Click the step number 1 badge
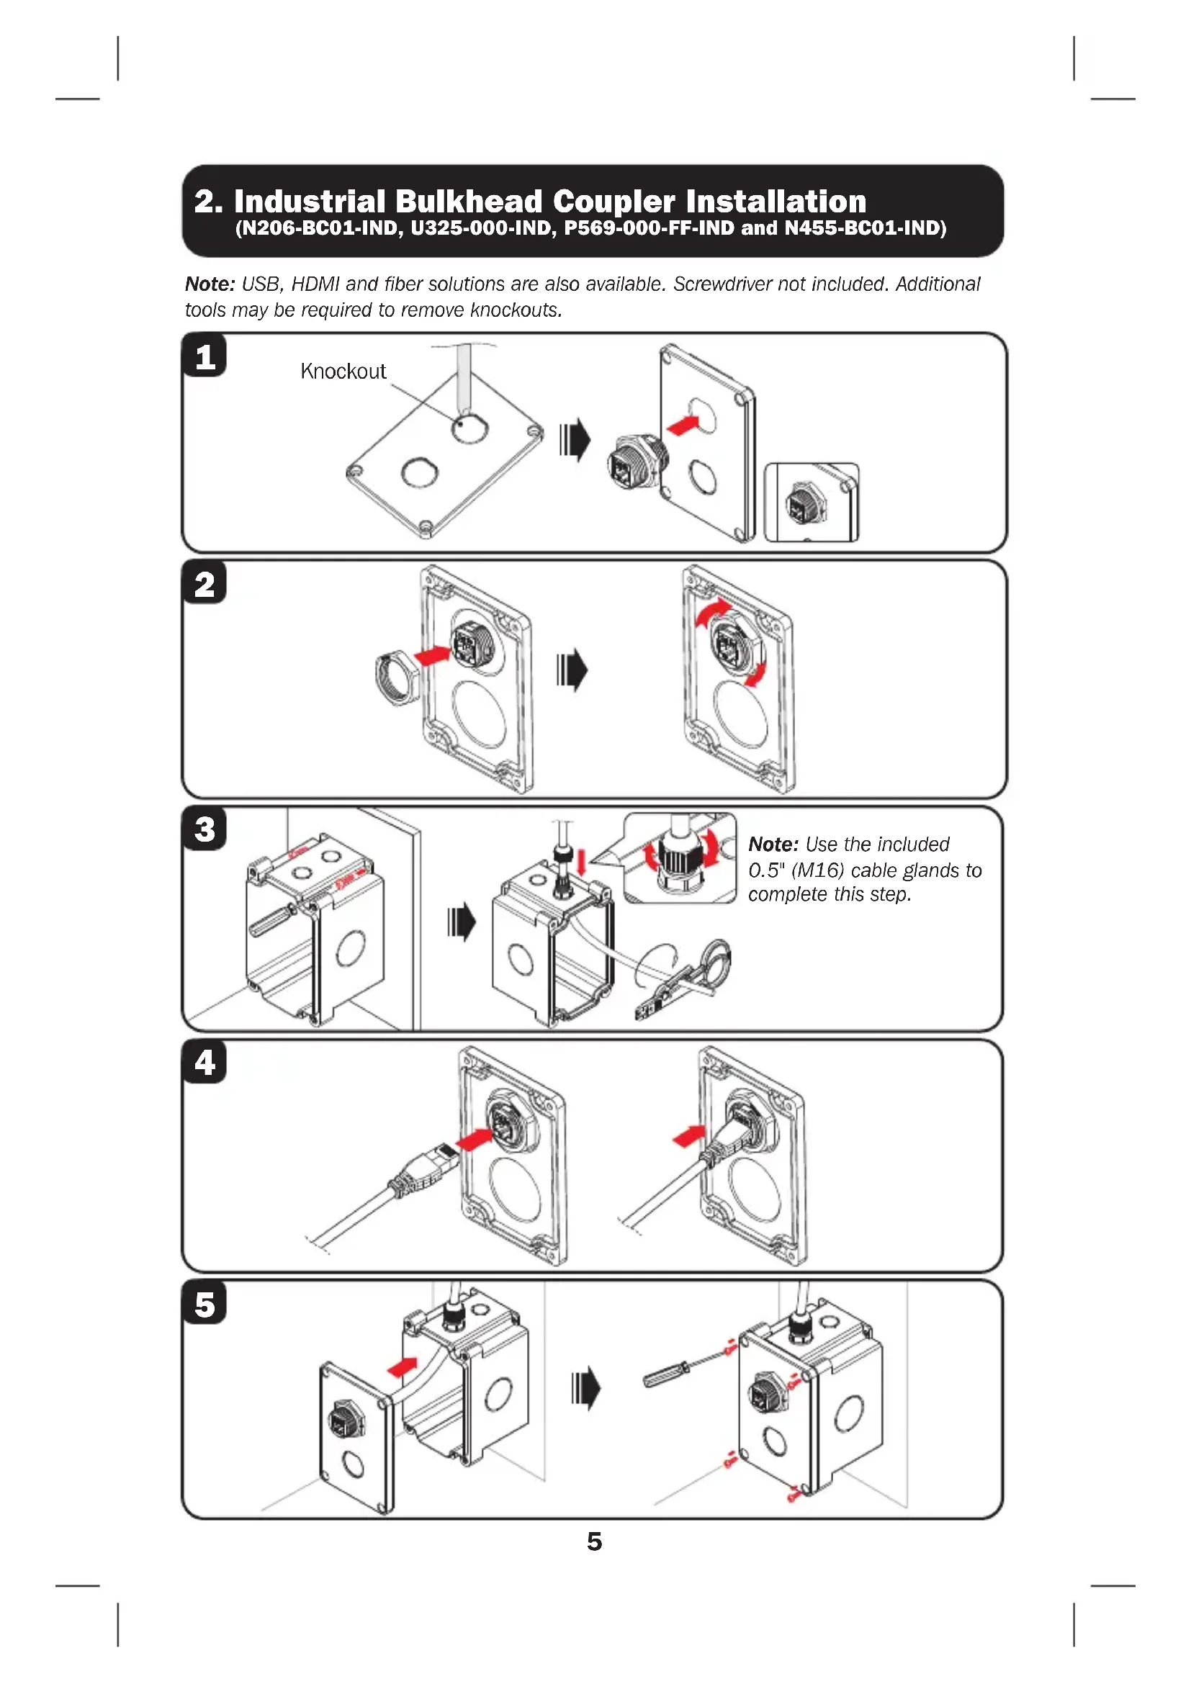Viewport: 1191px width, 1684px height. tap(205, 357)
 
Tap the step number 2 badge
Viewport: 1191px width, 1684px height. tap(205, 585)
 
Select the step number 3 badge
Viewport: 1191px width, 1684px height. tap(205, 829)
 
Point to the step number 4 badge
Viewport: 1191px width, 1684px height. tap(205, 1062)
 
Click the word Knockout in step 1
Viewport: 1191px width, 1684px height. tap(343, 371)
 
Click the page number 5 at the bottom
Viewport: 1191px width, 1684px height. tap(594, 1541)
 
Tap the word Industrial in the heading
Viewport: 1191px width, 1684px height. tap(310, 201)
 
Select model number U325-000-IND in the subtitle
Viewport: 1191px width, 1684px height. tap(480, 228)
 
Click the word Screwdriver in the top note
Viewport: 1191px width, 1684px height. tap(722, 284)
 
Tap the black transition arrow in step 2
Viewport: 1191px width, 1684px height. tap(572, 669)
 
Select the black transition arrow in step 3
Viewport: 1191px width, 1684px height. tap(462, 922)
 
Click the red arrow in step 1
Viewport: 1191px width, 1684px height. tap(683, 425)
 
